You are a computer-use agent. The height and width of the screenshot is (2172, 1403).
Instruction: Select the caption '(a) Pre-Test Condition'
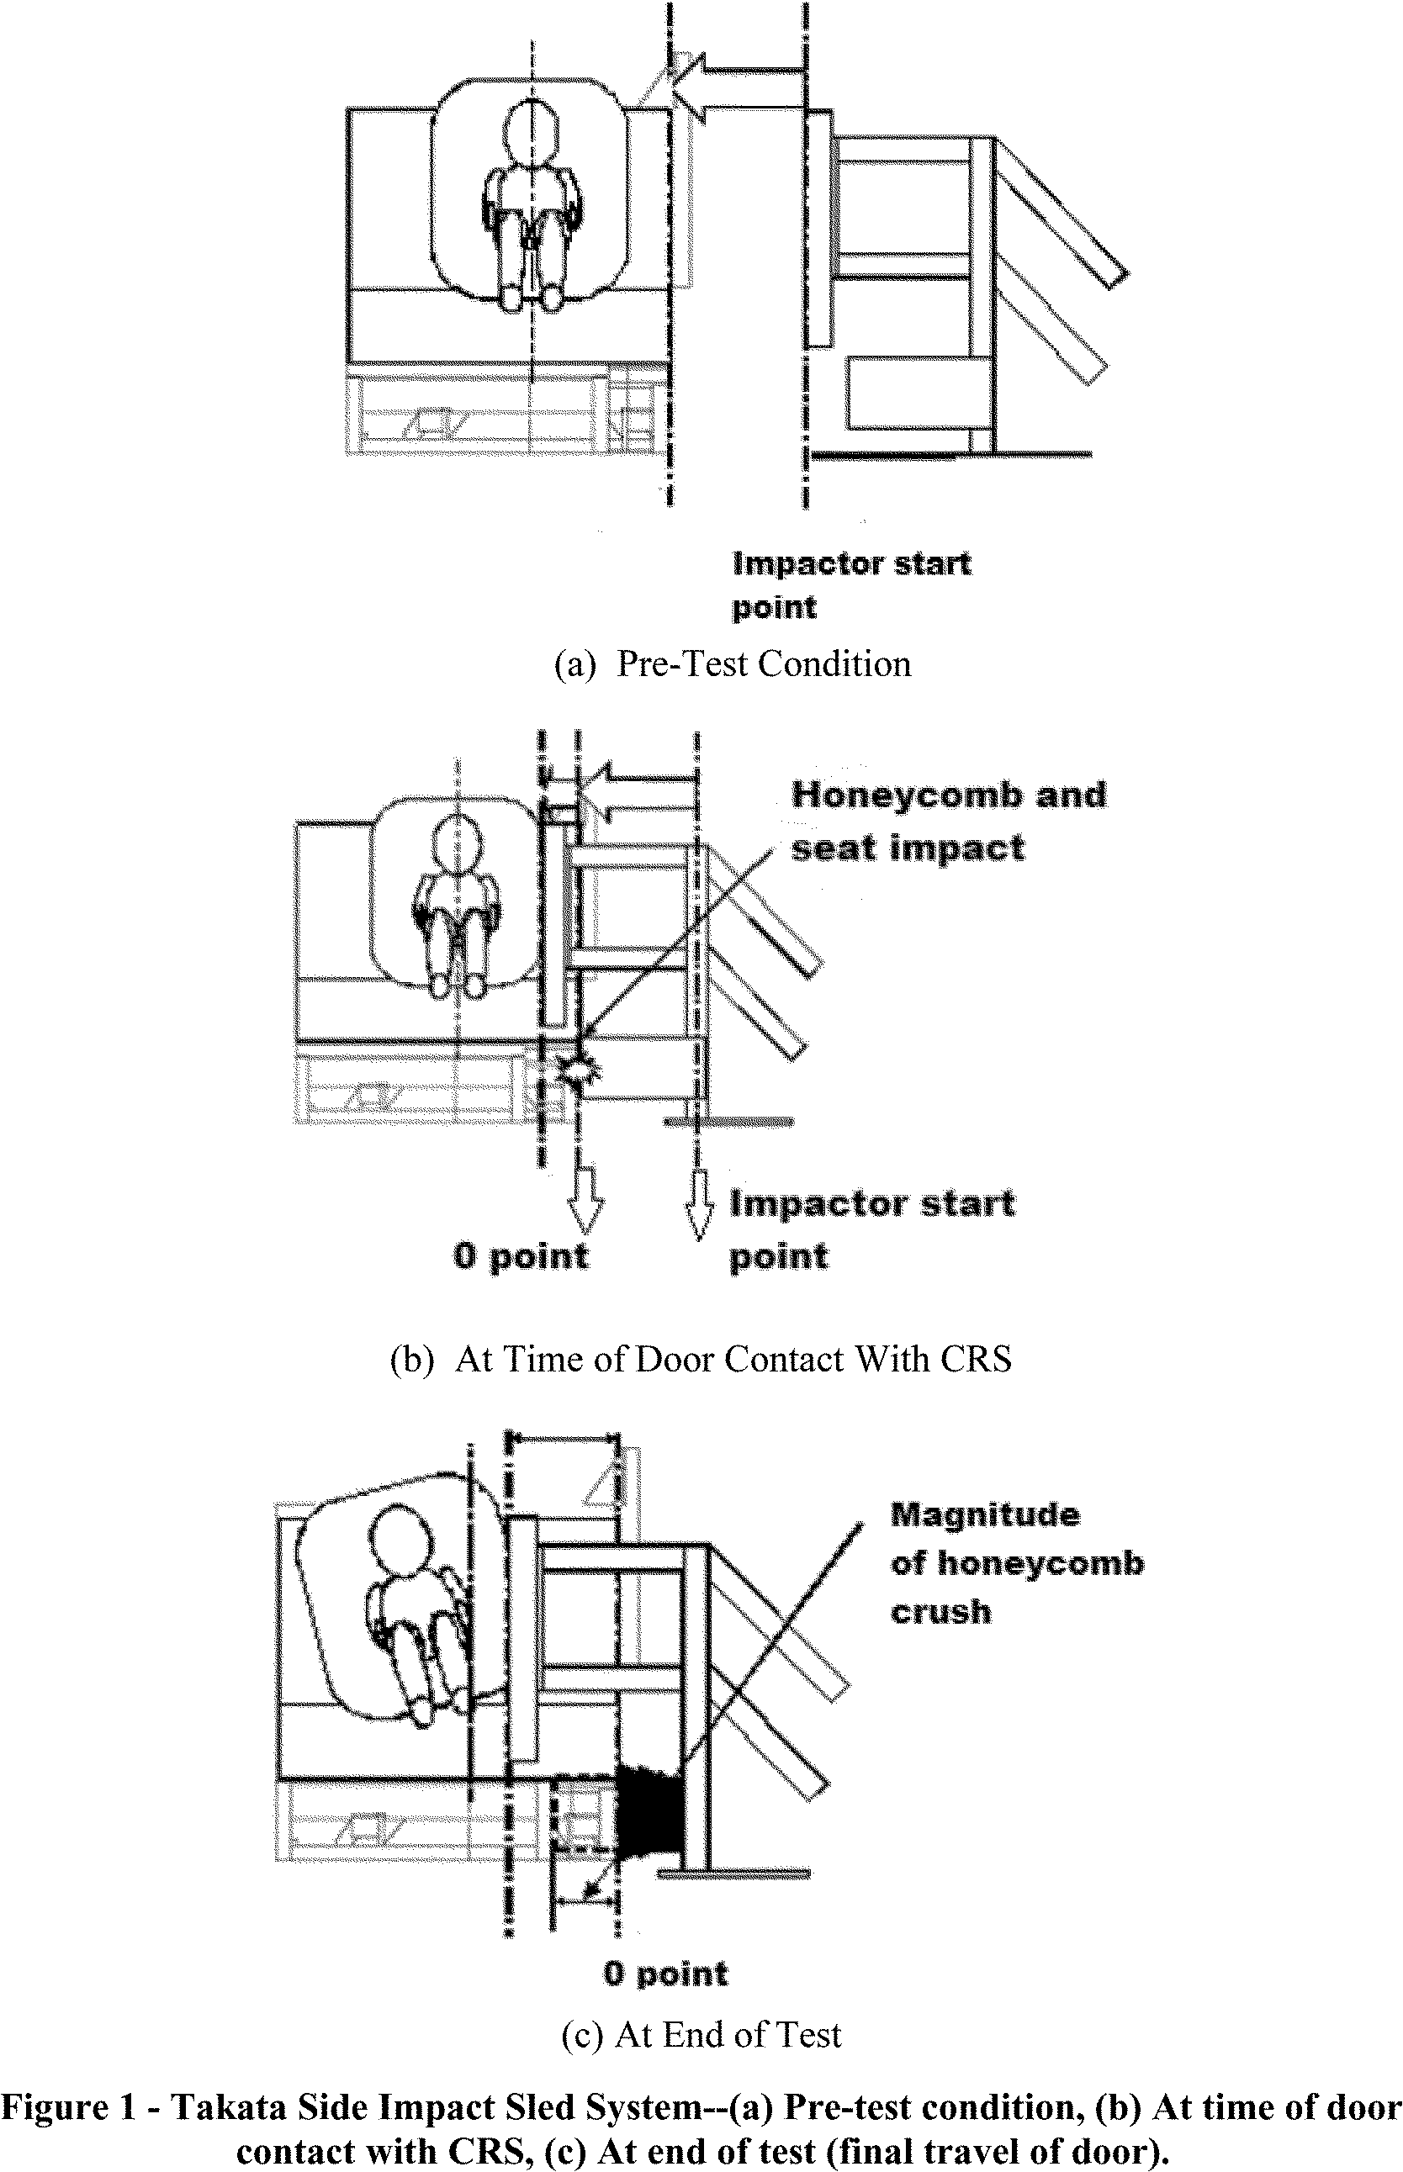[732, 664]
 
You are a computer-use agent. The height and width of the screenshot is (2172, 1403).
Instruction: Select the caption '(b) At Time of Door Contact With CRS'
[701, 1359]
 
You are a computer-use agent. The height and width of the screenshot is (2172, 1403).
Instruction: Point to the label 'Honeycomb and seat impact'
[947, 822]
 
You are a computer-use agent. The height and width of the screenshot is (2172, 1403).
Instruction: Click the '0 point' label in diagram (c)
[666, 1974]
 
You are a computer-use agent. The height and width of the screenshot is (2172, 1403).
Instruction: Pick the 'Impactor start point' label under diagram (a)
[851, 584]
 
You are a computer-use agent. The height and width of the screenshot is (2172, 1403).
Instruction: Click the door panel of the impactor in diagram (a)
[819, 229]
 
